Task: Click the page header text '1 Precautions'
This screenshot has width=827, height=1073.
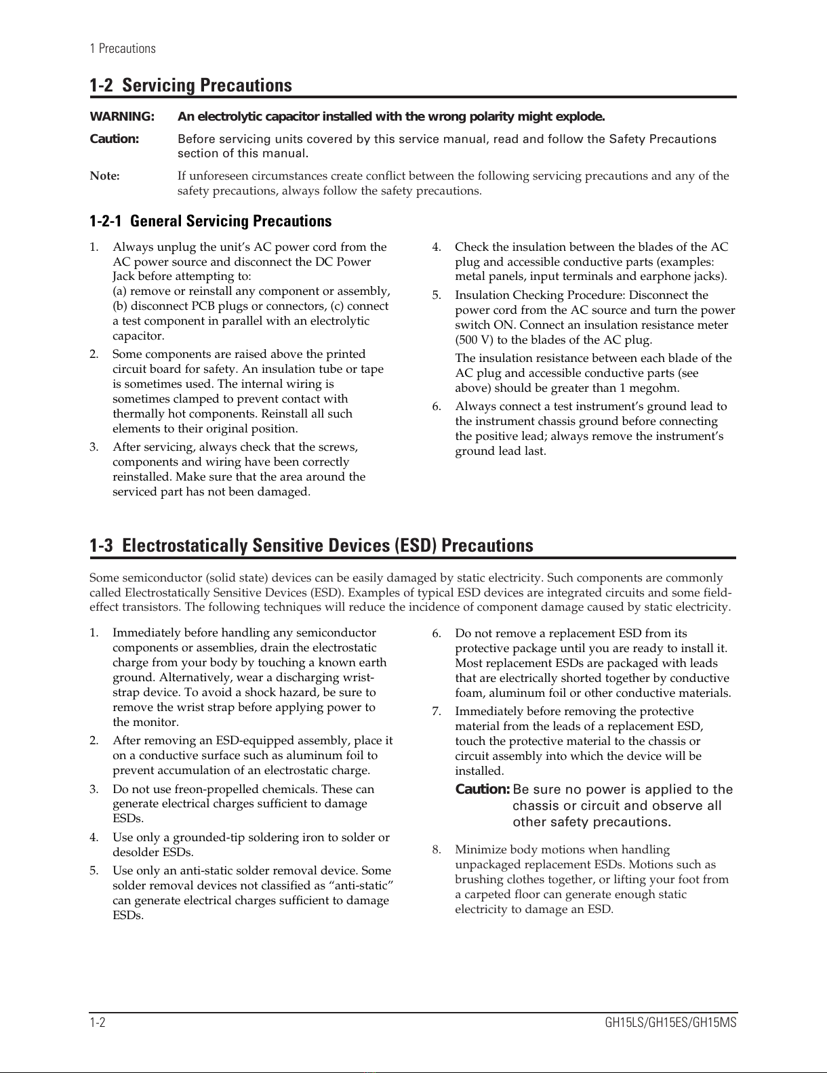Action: pyautogui.click(x=123, y=49)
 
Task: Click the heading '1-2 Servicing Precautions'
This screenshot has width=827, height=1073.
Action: pyautogui.click(x=190, y=85)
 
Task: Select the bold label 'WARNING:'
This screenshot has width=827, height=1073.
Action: pyautogui.click(x=122, y=117)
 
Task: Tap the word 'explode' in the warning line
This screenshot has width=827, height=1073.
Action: pyautogui.click(x=580, y=117)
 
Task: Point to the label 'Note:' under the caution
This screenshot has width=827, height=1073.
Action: pyautogui.click(x=105, y=176)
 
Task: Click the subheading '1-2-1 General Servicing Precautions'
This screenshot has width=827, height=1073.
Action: pyautogui.click(x=211, y=221)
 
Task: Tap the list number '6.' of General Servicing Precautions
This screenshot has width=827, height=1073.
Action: pyautogui.click(x=437, y=407)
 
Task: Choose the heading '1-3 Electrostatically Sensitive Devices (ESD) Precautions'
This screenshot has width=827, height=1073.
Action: pyautogui.click(x=311, y=546)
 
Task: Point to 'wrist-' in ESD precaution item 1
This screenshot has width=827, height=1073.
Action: pyautogui.click(x=357, y=677)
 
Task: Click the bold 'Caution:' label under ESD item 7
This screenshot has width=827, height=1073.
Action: pyautogui.click(x=482, y=790)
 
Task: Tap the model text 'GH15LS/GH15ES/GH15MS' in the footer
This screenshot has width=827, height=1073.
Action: pyautogui.click(x=670, y=1022)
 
